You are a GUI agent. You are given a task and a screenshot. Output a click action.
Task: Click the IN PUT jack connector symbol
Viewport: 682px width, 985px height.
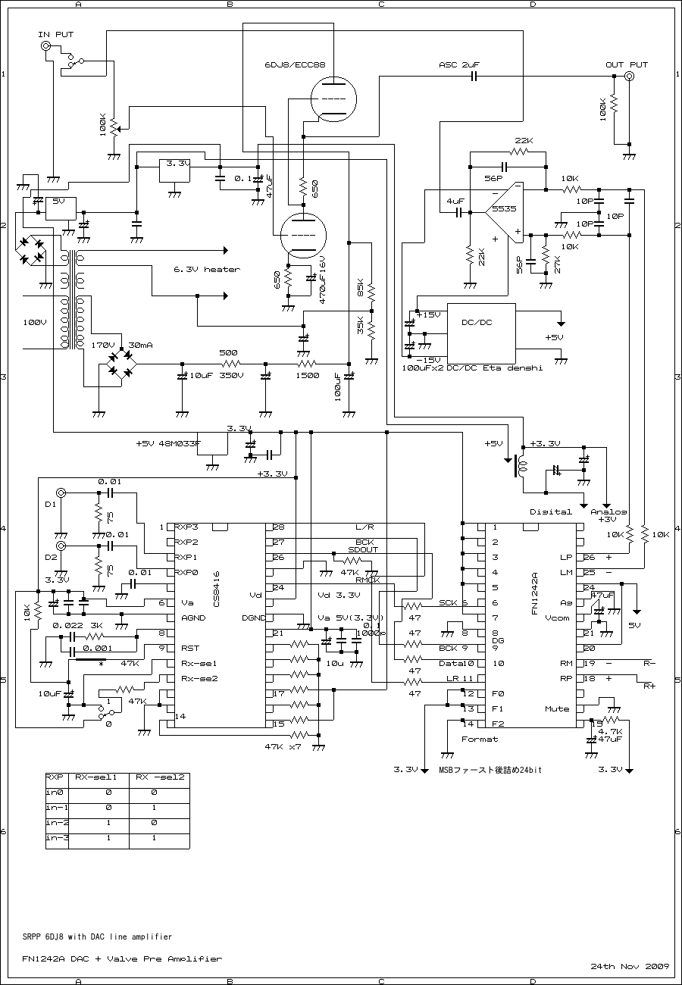pyautogui.click(x=47, y=47)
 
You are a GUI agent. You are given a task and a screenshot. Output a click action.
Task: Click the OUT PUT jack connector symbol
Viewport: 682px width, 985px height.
pyautogui.click(x=628, y=77)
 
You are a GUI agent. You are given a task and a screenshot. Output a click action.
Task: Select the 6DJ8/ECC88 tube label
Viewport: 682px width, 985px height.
pyautogui.click(x=295, y=65)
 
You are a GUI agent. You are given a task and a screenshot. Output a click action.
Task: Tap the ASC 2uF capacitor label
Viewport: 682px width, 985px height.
pyautogui.click(x=459, y=65)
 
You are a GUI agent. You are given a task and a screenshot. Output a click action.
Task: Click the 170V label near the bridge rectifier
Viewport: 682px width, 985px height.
pyautogui.click(x=102, y=345)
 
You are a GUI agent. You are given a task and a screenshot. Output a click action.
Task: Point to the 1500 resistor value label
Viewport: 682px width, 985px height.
pyautogui.click(x=307, y=376)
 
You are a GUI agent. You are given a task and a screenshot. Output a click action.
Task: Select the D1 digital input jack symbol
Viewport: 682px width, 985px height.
pyautogui.click(x=61, y=493)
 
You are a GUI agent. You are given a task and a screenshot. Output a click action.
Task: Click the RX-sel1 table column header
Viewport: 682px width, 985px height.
pyautogui.click(x=95, y=777)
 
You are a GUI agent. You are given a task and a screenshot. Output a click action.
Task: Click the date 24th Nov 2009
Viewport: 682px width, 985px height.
pyautogui.click(x=630, y=967)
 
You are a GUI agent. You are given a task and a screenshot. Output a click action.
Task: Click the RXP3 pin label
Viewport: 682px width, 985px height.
pyautogui.click(x=186, y=527)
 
